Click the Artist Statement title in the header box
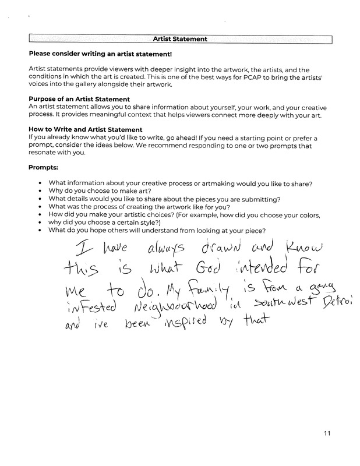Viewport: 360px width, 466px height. (180, 40)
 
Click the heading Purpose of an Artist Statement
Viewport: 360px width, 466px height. (79, 100)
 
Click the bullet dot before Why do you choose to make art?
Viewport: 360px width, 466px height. (39, 192)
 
